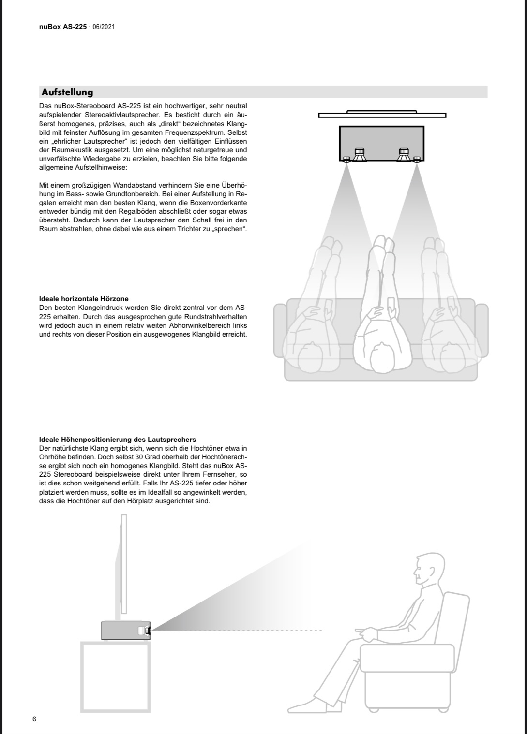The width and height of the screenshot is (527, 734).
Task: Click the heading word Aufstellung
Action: click(67, 92)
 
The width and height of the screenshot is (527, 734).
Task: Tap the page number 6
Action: click(34, 719)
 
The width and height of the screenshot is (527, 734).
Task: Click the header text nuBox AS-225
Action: click(62, 27)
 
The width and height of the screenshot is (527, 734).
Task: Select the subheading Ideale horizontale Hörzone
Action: click(84, 299)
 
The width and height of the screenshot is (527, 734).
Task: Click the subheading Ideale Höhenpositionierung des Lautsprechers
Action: click(118, 440)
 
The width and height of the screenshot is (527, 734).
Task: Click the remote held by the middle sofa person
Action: click(391, 304)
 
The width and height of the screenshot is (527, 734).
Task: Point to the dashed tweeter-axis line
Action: click(237, 631)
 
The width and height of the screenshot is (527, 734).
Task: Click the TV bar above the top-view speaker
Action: click(382, 115)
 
